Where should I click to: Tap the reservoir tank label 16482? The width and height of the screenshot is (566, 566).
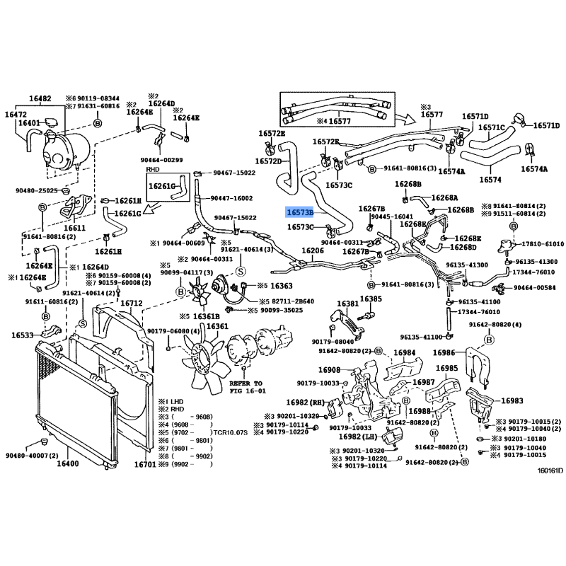pos(40,98)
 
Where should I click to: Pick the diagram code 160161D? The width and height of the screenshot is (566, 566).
pos(549,470)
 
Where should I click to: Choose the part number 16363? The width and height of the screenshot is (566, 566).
pos(281,285)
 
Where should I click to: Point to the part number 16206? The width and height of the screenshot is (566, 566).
pos(313,251)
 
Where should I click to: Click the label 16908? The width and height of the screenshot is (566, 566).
pos(329,370)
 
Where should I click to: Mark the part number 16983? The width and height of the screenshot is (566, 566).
pos(513,400)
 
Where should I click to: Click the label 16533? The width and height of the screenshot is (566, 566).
pos(23,335)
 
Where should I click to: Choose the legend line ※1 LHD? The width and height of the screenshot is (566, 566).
pos(173,400)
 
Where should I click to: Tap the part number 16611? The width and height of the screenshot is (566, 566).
pos(75,229)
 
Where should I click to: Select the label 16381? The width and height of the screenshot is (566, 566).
pos(347,304)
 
